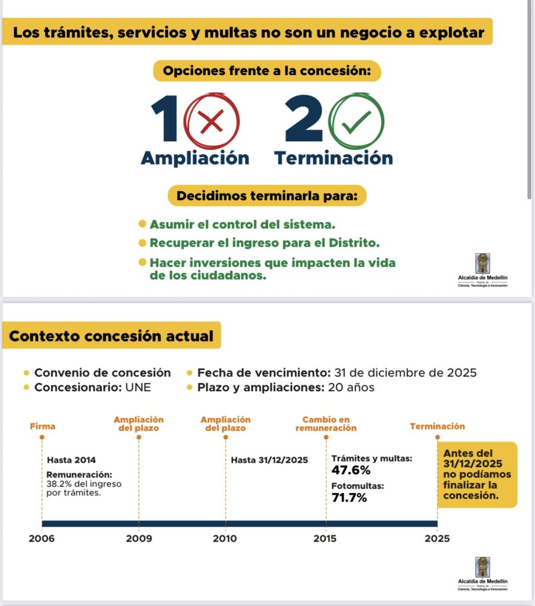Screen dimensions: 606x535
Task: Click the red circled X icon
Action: tap(212, 123)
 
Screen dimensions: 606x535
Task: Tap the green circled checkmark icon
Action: tap(356, 122)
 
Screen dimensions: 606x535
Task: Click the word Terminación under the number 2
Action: tap(333, 159)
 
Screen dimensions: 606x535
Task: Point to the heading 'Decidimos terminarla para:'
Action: tap(267, 195)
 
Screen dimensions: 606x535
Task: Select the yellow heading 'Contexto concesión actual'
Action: tap(111, 336)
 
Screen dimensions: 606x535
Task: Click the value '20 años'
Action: tap(352, 388)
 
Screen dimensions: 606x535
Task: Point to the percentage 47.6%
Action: tap(351, 470)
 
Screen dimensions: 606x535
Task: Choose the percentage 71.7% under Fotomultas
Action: tap(349, 498)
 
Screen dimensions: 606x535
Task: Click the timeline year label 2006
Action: tap(42, 539)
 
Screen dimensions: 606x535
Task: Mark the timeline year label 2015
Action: tap(325, 539)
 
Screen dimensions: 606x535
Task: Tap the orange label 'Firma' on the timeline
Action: tap(43, 426)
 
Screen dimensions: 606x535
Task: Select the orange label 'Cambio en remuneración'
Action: tap(326, 423)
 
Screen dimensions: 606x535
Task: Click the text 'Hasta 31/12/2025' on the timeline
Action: tap(269, 460)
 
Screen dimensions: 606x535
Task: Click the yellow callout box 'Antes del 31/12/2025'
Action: tap(477, 475)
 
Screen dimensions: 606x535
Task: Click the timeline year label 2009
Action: tap(139, 539)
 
